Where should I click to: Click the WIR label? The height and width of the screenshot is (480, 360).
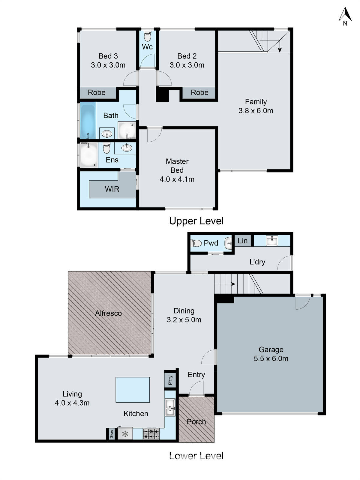tap(112, 189)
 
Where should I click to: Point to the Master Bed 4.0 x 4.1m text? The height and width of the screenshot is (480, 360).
tap(177, 170)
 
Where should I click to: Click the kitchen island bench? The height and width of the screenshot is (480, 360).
tap(133, 390)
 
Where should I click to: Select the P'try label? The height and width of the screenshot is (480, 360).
tap(170, 380)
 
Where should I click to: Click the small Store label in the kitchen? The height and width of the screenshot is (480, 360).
tap(111, 434)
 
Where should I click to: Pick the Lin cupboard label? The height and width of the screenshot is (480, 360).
tap(242, 241)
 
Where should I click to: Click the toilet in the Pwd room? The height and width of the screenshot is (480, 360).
tap(196, 243)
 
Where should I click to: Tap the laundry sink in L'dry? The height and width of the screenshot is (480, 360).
tap(272, 240)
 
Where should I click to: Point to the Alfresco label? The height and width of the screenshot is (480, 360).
tap(108, 313)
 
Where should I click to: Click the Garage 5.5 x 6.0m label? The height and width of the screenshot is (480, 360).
tap(271, 354)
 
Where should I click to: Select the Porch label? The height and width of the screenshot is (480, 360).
tap(196, 421)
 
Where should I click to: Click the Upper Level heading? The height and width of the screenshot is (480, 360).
tap(196, 221)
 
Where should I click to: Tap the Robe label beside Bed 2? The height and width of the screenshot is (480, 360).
tap(199, 92)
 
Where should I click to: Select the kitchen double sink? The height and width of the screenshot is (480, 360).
tap(170, 407)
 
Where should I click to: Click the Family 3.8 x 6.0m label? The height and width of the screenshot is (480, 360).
tap(256, 106)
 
